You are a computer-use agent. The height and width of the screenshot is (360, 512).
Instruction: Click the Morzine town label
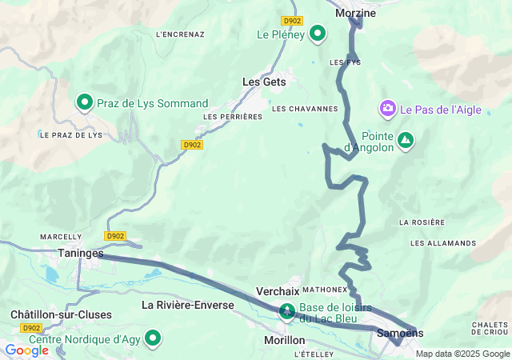point(355,13)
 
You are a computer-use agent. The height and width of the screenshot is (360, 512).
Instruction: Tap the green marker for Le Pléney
point(318,34)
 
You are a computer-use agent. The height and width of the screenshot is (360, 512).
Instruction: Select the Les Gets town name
point(264,82)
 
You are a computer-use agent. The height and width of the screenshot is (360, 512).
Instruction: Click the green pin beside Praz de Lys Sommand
point(84,102)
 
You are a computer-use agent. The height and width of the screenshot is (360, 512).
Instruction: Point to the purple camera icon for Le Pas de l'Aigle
point(388,108)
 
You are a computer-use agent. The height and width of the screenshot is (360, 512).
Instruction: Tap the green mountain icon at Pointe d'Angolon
point(406,140)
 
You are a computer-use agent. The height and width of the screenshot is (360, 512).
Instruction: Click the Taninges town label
point(81,253)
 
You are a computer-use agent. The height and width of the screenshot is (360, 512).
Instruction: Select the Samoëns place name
point(391,333)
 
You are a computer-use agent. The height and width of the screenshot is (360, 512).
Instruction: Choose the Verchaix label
point(278,291)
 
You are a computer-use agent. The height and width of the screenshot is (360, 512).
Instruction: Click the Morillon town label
point(285,340)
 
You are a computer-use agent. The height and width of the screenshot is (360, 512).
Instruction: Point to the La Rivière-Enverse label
point(188,305)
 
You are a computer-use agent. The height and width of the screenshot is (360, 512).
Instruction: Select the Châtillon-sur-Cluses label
point(62,314)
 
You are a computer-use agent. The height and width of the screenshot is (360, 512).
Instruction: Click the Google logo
point(26,350)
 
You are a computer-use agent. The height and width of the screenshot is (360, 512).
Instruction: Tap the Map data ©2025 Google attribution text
point(462,354)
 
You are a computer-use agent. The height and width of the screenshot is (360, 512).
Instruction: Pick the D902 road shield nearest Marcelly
point(114,236)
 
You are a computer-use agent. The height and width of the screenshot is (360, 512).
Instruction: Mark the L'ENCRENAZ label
point(181,34)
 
